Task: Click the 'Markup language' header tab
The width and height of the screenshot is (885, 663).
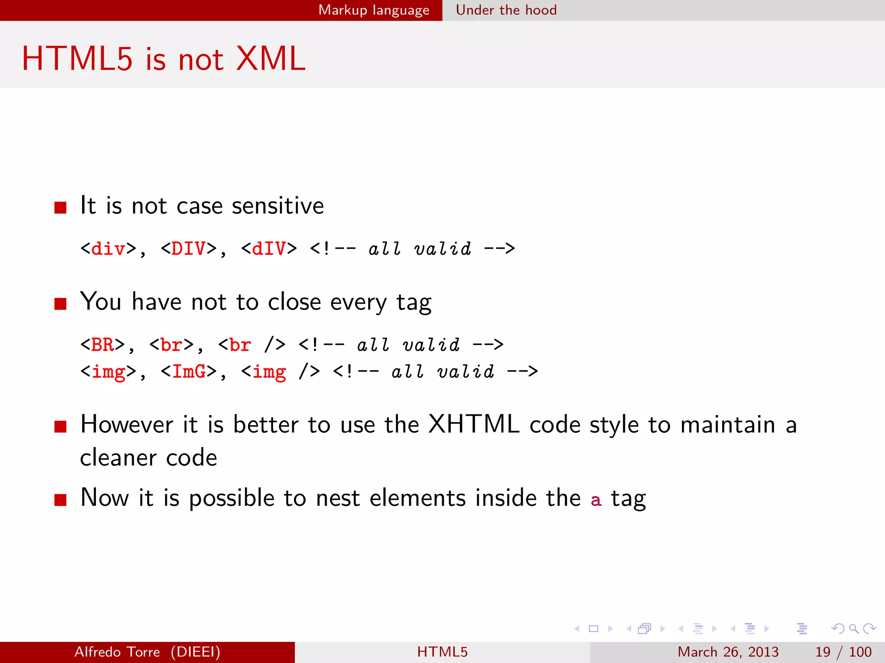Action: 374,10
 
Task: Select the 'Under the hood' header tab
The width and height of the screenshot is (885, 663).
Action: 506,10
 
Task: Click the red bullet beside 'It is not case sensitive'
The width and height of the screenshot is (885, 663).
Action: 60,208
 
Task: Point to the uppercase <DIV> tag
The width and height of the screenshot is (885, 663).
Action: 188,249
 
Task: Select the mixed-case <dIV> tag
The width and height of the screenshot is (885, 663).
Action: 269,249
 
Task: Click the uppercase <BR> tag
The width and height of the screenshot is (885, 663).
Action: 102,345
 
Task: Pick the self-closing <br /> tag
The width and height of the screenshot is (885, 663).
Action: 251,345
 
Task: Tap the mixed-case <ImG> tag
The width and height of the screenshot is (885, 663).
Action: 188,372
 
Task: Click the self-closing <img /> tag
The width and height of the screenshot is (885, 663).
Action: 280,372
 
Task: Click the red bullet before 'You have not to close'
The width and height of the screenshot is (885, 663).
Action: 60,304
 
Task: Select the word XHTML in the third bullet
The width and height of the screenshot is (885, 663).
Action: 474,424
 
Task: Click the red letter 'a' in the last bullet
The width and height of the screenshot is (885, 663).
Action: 596,500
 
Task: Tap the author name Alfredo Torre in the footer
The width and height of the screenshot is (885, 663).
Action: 117,652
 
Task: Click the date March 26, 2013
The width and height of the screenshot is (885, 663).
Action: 728,652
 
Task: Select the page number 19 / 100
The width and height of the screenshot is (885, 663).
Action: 843,652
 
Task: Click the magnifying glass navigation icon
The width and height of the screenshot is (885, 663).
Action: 853,628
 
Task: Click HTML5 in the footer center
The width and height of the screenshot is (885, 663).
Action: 442,652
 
